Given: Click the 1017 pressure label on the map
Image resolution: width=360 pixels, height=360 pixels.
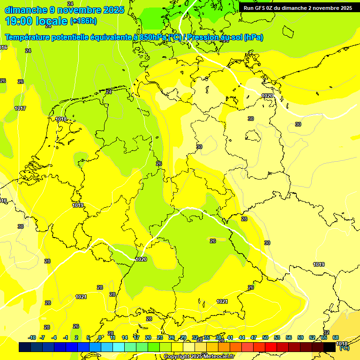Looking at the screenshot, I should (x=20, y=108).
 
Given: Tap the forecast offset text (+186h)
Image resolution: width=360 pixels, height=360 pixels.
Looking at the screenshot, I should (x=83, y=21).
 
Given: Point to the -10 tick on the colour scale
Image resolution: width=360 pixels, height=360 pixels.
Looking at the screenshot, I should (x=32, y=337).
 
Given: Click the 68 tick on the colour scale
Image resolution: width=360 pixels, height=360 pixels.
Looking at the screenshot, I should (x=336, y=337).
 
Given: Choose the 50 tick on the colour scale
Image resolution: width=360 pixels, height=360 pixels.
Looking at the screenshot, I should (x=265, y=337).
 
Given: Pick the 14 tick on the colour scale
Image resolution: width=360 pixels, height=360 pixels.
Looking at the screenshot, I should (x=125, y=337).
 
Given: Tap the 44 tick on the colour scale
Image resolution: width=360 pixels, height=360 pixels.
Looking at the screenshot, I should (x=242, y=337).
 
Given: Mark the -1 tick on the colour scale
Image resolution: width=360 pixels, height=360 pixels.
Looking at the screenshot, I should (x=66, y=337).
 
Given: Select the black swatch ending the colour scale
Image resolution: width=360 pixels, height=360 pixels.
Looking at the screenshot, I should (x=330, y=347).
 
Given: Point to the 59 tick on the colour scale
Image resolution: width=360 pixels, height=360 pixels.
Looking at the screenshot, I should (x=300, y=337).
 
